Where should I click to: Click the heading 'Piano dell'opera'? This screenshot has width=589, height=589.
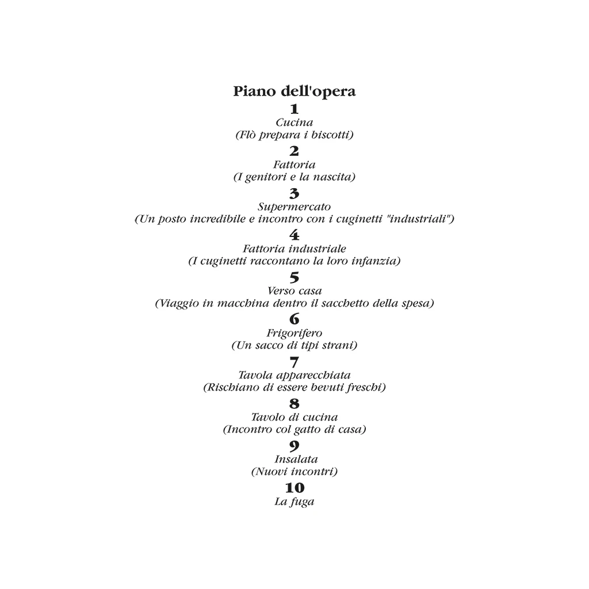(x=294, y=91)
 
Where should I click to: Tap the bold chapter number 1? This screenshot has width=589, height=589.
(x=294, y=109)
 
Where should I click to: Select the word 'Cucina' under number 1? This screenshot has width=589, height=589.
(x=294, y=123)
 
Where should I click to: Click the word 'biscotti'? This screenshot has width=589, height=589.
(x=332, y=135)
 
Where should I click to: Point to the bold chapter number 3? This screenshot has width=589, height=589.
(x=294, y=193)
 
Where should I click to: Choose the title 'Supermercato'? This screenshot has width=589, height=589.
(x=294, y=207)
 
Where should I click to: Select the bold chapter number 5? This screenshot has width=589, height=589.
(x=294, y=278)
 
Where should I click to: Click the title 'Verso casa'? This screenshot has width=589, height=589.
(x=294, y=291)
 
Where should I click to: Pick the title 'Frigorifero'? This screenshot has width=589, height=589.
(x=294, y=333)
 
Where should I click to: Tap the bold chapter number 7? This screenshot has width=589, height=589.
(x=294, y=362)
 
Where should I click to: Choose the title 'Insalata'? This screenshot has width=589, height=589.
(x=296, y=460)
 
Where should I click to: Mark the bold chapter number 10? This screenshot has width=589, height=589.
(x=294, y=488)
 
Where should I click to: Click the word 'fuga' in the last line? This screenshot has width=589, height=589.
(x=302, y=502)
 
